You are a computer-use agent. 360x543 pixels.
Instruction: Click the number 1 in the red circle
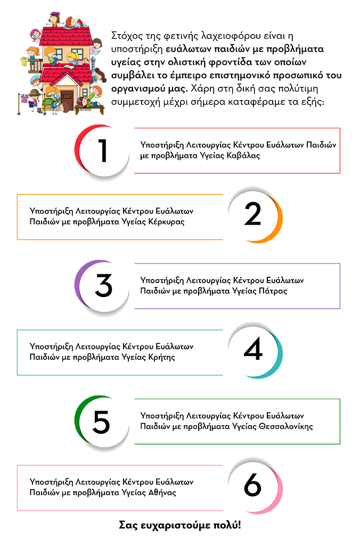(103, 150)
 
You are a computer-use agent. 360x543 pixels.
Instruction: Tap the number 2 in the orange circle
(252, 213)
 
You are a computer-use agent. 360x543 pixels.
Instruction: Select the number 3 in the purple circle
(104, 285)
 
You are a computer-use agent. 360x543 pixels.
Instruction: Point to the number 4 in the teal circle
(253, 349)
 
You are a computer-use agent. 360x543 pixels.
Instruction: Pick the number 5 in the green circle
(101, 422)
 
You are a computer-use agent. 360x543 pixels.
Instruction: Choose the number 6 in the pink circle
(252, 484)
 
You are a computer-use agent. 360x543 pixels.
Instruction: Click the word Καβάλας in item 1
(243, 155)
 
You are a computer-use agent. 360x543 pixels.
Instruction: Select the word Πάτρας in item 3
(273, 291)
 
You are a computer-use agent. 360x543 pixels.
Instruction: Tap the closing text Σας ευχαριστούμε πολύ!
(180, 525)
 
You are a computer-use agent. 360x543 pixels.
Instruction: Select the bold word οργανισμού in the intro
(138, 89)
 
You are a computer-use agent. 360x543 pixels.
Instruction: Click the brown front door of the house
(67, 98)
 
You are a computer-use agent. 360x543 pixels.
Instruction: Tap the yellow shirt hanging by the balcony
(23, 62)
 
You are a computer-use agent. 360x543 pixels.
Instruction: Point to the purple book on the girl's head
(55, 14)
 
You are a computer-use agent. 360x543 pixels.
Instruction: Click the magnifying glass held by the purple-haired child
(34, 35)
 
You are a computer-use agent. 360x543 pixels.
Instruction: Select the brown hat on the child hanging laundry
(34, 93)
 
